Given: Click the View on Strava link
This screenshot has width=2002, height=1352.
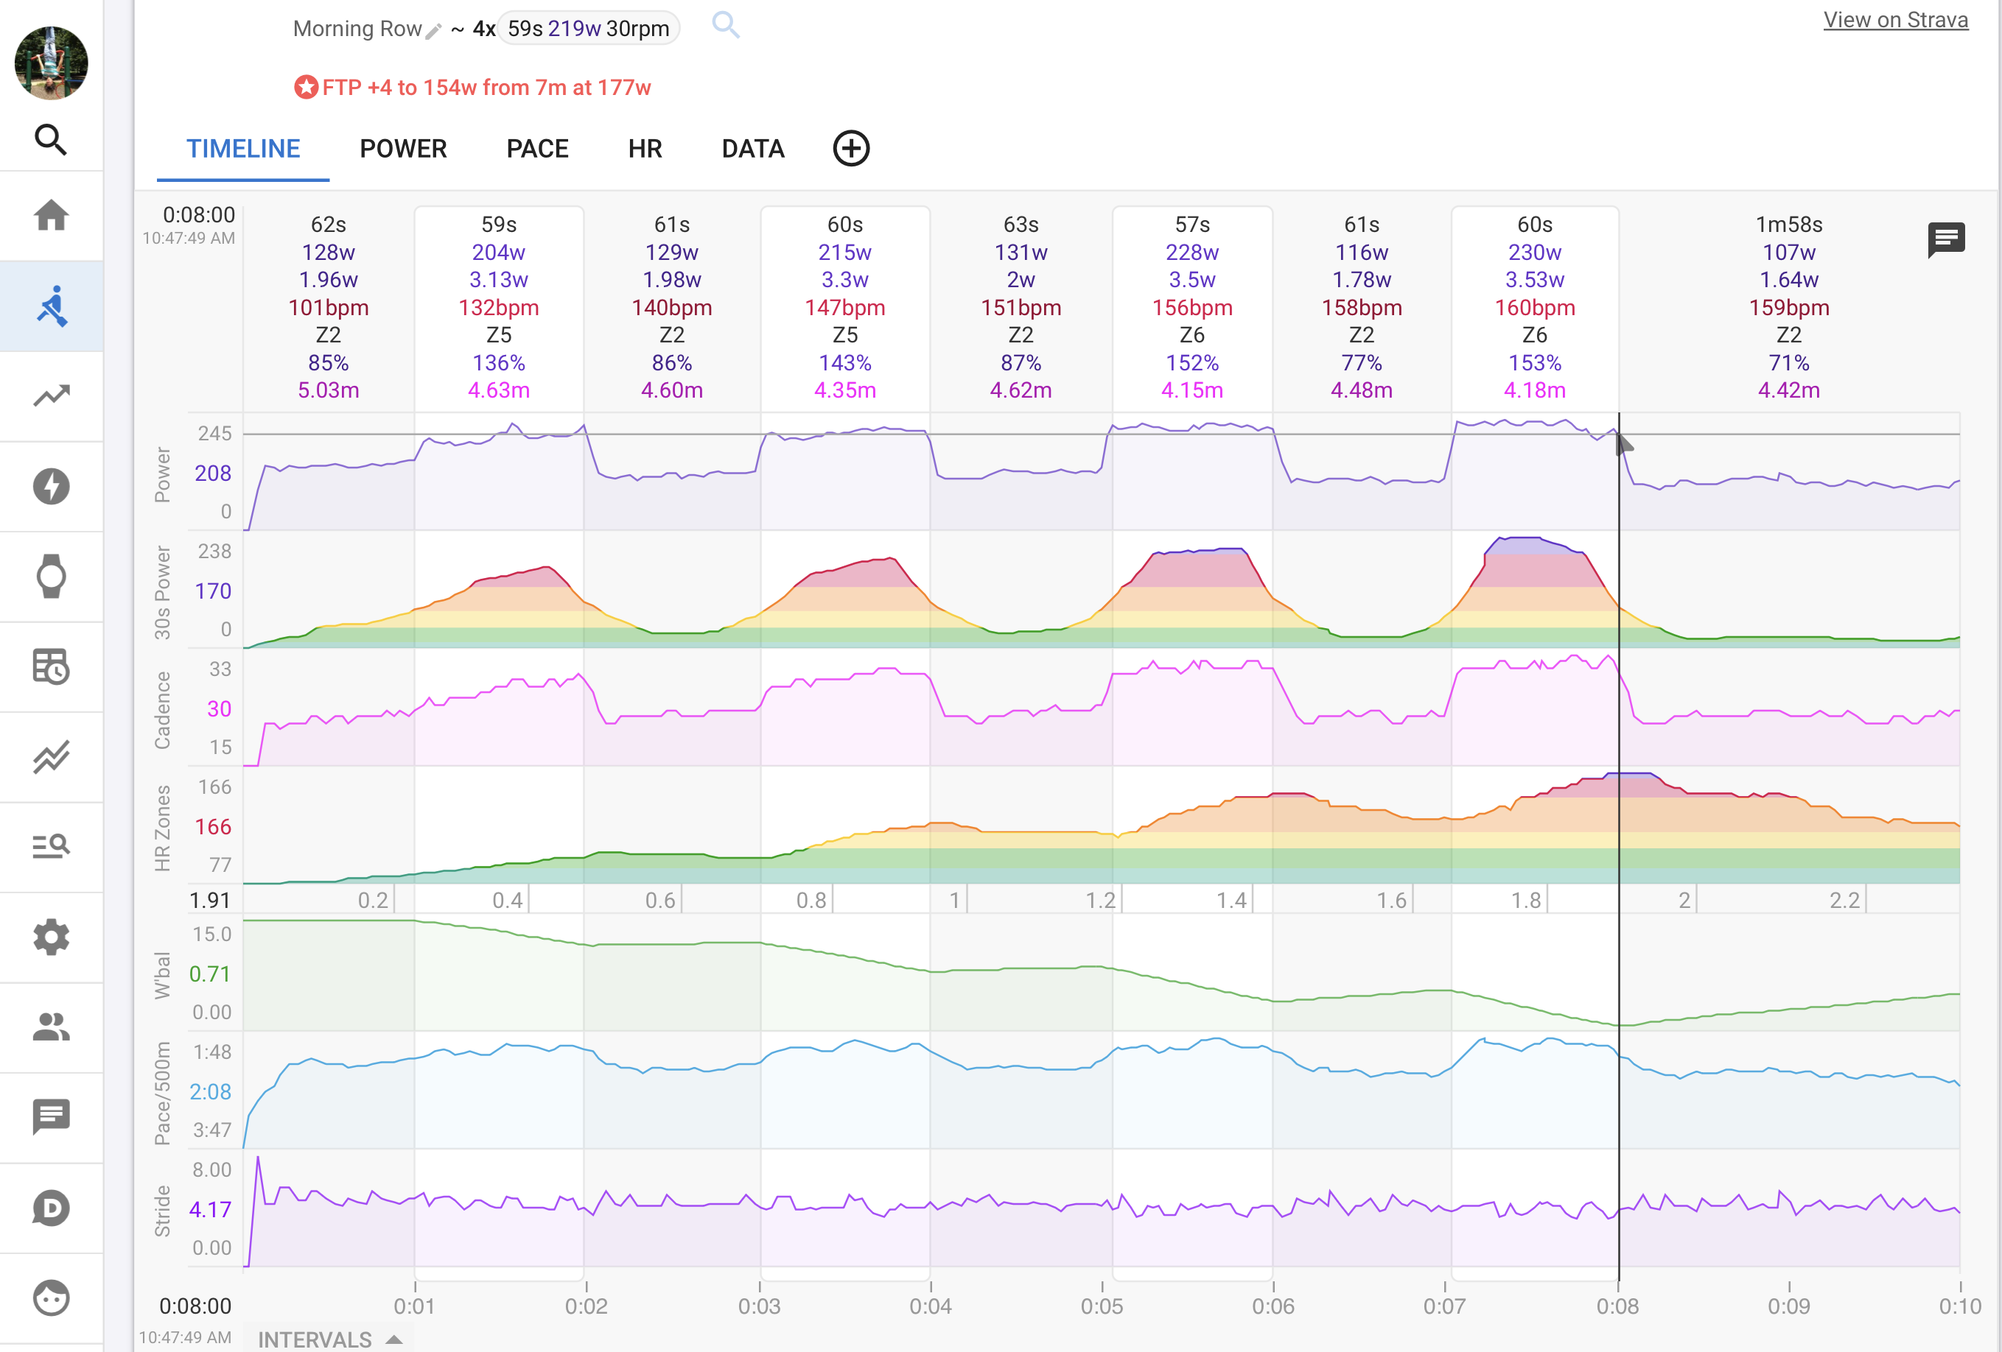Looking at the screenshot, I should [1894, 20].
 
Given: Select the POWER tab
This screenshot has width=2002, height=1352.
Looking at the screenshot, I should [403, 149].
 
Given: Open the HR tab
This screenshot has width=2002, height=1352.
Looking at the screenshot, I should [644, 149].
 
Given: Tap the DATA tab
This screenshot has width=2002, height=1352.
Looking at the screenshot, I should [752, 149].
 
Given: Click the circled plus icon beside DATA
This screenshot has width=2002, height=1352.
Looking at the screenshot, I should [850, 149].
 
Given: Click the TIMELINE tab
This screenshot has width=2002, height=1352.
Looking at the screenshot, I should [243, 149].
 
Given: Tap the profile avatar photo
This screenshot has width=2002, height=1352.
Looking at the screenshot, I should [52, 63].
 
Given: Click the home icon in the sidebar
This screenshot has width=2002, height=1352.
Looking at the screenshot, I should [52, 215].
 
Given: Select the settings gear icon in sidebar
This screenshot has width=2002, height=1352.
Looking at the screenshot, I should [52, 937].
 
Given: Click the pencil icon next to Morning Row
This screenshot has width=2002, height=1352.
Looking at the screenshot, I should [433, 31].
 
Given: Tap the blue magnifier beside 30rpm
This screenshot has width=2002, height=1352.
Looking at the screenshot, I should [725, 25].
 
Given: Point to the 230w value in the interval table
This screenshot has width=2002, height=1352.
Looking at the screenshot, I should [1534, 253].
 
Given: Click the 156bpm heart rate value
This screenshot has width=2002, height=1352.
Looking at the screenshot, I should [1192, 307].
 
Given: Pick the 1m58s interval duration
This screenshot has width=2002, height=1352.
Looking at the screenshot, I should [1788, 225].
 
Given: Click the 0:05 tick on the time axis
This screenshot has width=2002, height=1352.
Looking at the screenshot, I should [1102, 1306].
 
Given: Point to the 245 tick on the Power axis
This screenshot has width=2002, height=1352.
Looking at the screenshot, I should [214, 433].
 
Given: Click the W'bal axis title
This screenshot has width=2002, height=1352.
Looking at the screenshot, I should [162, 975].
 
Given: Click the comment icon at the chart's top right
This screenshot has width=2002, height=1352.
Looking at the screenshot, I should [1945, 239].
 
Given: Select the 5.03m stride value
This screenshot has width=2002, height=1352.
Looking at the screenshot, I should [328, 390].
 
